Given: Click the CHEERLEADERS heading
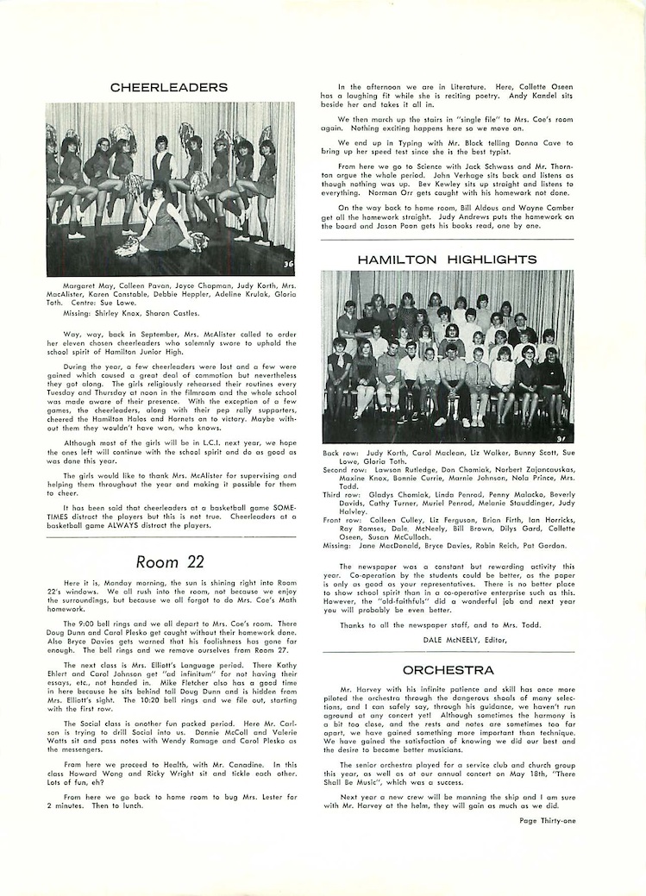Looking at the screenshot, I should (x=169, y=87).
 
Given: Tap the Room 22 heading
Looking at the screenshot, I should (x=169, y=561).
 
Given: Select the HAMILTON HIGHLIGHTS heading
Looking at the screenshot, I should (x=448, y=259).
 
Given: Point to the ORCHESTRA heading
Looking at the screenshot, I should (x=448, y=669).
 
